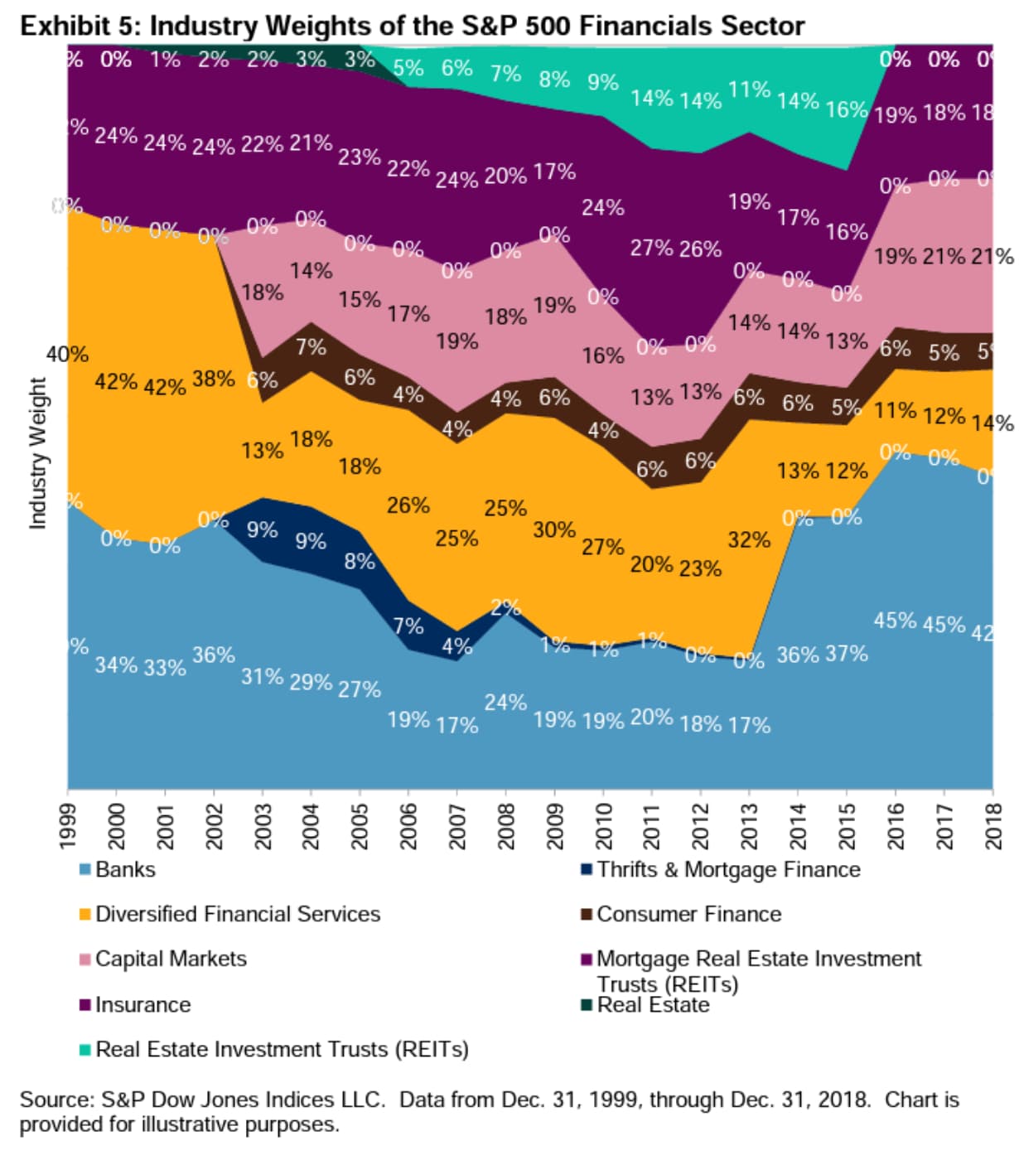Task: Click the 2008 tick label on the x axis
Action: coord(506,825)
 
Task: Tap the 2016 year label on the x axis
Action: coord(896,825)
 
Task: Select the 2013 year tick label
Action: coord(750,825)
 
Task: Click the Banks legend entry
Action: coord(124,869)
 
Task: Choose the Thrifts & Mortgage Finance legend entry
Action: coord(727,869)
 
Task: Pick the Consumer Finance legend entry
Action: coord(688,914)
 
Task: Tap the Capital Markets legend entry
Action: coord(170,959)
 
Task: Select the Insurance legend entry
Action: coord(142,1004)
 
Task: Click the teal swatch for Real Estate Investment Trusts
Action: coord(85,1050)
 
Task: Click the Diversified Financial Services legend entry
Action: coord(237,914)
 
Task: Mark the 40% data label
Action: coord(67,355)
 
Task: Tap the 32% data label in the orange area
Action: coord(749,540)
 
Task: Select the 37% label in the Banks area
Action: coord(847,654)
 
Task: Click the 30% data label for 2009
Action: coord(554,529)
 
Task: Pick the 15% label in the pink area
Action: coord(359,299)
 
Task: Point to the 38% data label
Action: coord(213,379)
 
